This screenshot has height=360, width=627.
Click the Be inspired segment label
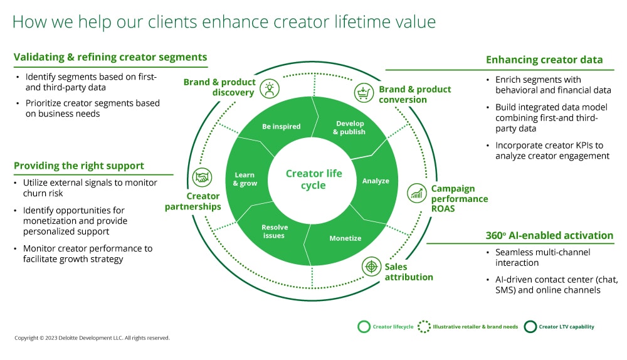tap(281, 127)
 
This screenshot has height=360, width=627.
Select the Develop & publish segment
tap(349, 128)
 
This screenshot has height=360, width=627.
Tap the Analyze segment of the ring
tap(376, 181)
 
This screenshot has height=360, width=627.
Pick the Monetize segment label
tap(345, 238)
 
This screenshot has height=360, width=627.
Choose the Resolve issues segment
tap(273, 231)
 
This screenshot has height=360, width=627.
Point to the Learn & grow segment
tap(245, 179)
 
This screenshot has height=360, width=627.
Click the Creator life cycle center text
tap(313, 179)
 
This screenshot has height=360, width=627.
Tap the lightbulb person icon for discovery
tap(270, 88)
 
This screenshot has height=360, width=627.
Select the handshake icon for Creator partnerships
tap(202, 178)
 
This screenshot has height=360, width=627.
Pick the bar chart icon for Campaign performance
tap(417, 193)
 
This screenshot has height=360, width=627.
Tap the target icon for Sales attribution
tap(372, 267)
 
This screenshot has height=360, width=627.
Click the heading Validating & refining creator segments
tap(110, 58)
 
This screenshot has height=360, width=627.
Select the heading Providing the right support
tap(79, 166)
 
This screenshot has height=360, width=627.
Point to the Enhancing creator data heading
tap(544, 60)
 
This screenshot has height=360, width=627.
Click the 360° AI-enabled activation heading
tap(549, 236)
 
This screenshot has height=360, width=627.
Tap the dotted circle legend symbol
tap(424, 327)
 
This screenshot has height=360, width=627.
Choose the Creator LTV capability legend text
tap(567, 327)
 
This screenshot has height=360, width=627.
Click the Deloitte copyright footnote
tap(92, 338)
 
